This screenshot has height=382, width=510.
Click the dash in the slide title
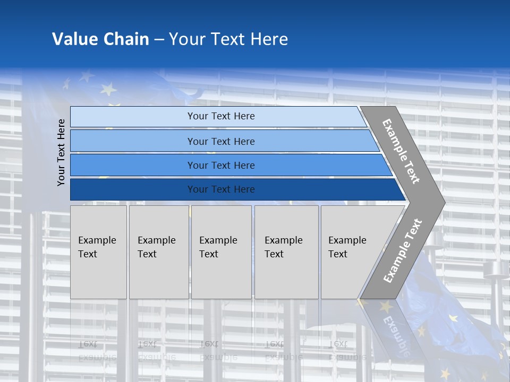[159, 40]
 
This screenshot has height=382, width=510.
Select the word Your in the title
[186, 39]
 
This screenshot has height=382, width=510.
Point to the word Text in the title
[227, 39]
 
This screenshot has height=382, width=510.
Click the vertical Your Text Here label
[61, 152]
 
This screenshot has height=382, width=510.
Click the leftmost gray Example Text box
[98, 252]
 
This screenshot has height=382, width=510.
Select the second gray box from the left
[159, 252]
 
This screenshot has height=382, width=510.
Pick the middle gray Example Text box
[221, 252]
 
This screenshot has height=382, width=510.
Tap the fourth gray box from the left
[286, 252]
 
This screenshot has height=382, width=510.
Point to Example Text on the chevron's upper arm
[401, 151]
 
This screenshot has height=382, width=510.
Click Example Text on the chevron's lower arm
[403, 250]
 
